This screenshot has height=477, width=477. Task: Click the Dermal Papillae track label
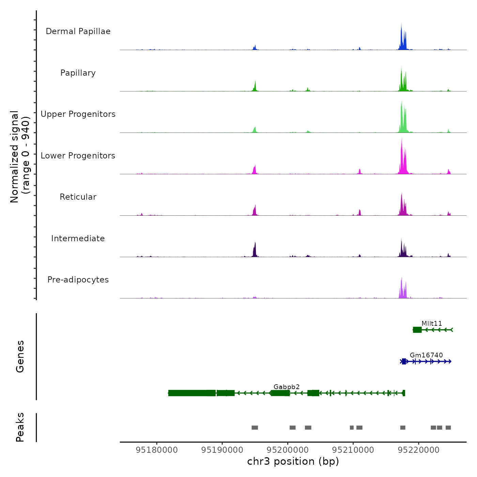pos(78,31)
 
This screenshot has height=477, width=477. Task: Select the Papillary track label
pos(78,73)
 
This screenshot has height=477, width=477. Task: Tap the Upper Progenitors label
pos(78,114)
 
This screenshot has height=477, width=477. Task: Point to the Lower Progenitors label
pos(78,156)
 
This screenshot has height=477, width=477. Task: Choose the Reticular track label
pos(78,197)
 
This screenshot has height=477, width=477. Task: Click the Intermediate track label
pos(78,238)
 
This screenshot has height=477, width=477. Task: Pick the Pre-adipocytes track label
pos(78,280)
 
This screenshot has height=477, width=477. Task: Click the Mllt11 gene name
pos(432,323)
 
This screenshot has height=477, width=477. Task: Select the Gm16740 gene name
pos(426,355)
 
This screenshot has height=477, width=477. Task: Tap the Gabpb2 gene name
pos(287,387)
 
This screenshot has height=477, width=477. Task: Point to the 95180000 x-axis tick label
pos(157,450)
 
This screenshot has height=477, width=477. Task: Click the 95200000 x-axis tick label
pos(288,450)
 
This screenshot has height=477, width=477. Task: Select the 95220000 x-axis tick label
pos(418,450)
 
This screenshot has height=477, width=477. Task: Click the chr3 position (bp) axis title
pos(293,461)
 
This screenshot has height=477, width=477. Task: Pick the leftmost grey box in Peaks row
pos(255,428)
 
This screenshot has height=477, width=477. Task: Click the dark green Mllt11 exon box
pos(417,329)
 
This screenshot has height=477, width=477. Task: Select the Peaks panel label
pos(20,427)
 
